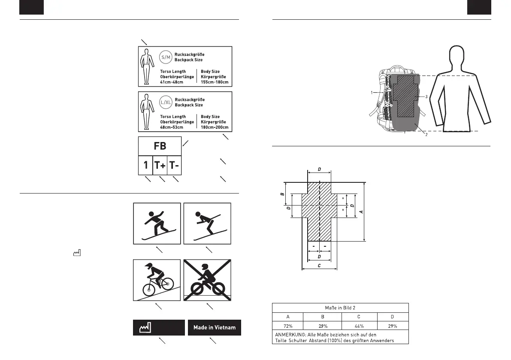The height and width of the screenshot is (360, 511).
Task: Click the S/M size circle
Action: pos(166,57)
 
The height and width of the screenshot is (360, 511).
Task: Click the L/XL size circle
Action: pos(166,102)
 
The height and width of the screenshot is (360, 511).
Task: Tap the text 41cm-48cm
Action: pos(171,82)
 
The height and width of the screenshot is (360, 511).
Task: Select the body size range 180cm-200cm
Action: pos(215,127)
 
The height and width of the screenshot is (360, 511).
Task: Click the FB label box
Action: pos(160,146)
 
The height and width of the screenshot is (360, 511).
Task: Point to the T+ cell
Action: pos(160,165)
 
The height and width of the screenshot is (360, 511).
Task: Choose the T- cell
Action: pos(174,165)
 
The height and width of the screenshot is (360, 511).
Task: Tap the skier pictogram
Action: pos(207,223)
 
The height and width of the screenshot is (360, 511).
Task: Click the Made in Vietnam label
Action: pos(214,328)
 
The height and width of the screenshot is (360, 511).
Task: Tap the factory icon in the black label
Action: pos(145,328)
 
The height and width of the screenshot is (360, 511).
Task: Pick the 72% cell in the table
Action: pos(287,326)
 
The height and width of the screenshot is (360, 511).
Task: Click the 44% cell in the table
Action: pos(360,326)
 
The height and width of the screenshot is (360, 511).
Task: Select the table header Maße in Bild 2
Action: pos(340,308)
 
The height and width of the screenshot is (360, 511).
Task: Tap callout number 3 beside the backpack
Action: pos(426,97)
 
